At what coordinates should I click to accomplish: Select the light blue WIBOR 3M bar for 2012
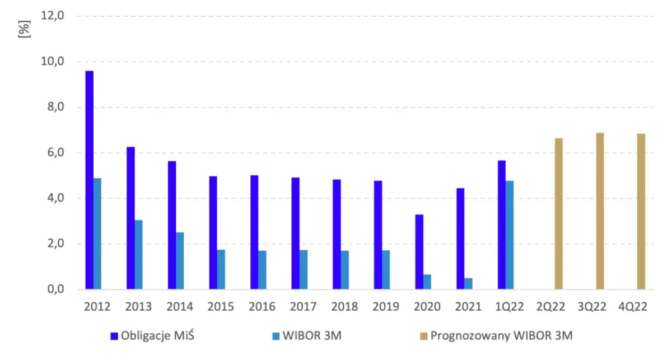pyautogui.click(x=97, y=234)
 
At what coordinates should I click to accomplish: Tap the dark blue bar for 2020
pyautogui.click(x=419, y=252)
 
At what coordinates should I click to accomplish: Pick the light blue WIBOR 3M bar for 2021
pyautogui.click(x=468, y=284)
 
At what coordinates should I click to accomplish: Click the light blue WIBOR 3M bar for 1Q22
pyautogui.click(x=510, y=235)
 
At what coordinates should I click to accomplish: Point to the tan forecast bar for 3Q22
pyautogui.click(x=600, y=211)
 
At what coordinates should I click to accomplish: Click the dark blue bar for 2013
pyautogui.click(x=130, y=218)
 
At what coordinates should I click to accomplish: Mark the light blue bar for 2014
pyautogui.click(x=180, y=261)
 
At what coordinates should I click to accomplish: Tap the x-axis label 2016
pyautogui.click(x=262, y=307)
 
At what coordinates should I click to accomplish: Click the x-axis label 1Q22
pyautogui.click(x=510, y=307)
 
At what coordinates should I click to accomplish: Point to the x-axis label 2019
pyautogui.click(x=386, y=307)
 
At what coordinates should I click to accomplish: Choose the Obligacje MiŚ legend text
pyautogui.click(x=155, y=336)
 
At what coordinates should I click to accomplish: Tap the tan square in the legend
pyautogui.click(x=423, y=336)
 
